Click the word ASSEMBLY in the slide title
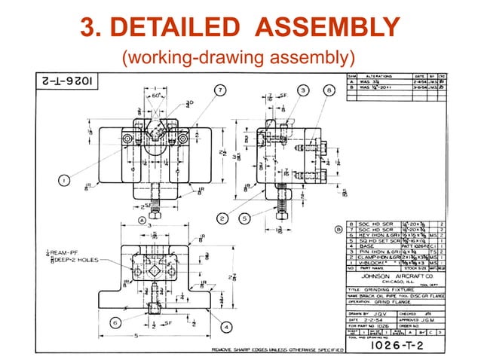tap(326, 28)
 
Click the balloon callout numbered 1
tap(65, 181)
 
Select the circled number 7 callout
tap(219, 90)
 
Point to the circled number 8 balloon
tap(329, 90)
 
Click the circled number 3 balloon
tap(303, 90)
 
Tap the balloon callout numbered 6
tap(115, 322)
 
